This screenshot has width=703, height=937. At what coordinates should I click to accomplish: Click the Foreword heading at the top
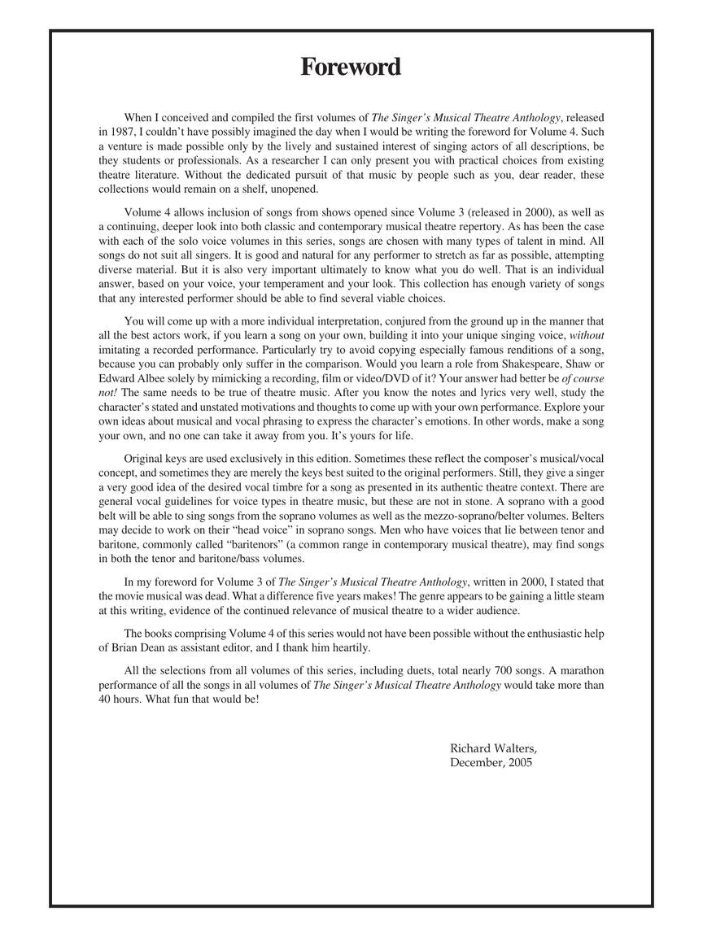[x=351, y=67]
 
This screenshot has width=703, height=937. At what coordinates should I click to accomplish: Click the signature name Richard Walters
[x=493, y=748]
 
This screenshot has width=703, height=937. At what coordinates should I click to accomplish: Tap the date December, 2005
[x=491, y=763]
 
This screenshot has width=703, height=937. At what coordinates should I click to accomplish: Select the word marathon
[x=579, y=670]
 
